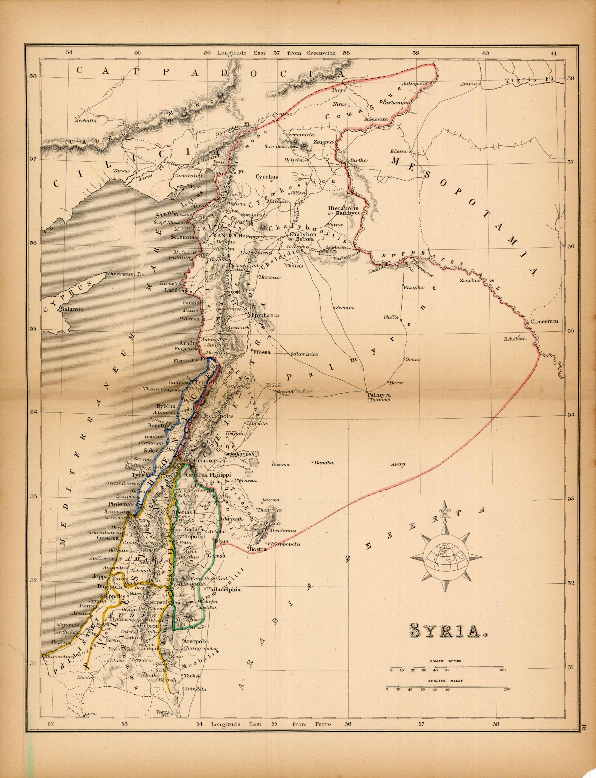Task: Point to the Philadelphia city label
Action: click(223, 590)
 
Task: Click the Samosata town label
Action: click(376, 119)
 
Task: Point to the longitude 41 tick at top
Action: click(554, 53)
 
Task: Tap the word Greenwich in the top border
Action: click(321, 53)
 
